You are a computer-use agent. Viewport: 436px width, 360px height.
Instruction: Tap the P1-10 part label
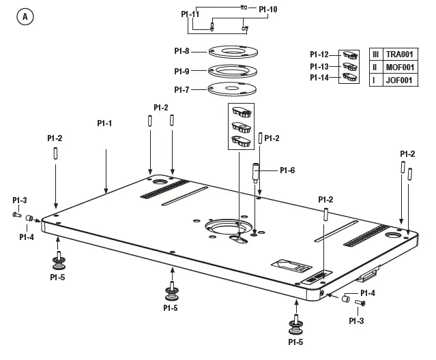pos(268,9)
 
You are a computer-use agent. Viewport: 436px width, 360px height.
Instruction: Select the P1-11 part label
pos(190,14)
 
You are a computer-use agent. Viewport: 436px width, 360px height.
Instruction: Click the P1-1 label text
pos(104,123)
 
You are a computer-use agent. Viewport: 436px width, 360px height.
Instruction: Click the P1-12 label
pos(319,55)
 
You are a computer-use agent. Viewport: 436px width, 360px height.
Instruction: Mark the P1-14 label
pos(319,78)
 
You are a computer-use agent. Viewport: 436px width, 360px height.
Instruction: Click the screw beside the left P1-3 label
pos(16,214)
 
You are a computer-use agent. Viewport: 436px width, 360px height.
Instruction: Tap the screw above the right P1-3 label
pos(362,303)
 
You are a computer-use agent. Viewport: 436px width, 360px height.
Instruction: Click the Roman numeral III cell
pos(375,54)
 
